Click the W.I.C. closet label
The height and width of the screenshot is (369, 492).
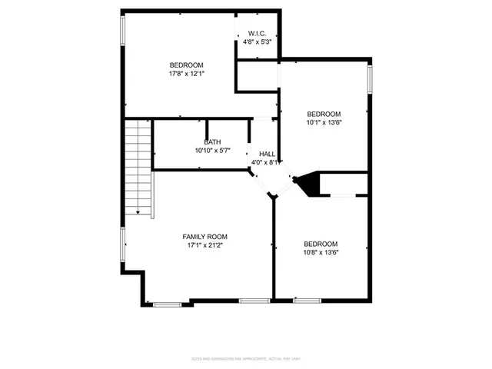point(258,33)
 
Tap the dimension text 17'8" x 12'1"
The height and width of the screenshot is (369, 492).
point(186,74)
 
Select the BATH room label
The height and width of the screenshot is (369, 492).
point(212,142)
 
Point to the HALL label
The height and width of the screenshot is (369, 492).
point(267,154)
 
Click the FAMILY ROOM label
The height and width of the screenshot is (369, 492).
point(204,236)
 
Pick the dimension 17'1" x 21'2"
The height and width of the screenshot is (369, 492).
point(204,245)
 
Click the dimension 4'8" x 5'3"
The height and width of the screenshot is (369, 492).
point(258,42)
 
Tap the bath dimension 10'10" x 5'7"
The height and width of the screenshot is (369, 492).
point(212,151)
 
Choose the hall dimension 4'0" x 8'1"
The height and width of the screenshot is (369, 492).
point(267,163)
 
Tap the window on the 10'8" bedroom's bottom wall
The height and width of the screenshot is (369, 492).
point(306,300)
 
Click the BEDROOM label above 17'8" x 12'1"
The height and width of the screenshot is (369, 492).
point(186,65)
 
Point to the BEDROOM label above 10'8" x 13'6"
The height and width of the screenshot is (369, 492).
point(321,244)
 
